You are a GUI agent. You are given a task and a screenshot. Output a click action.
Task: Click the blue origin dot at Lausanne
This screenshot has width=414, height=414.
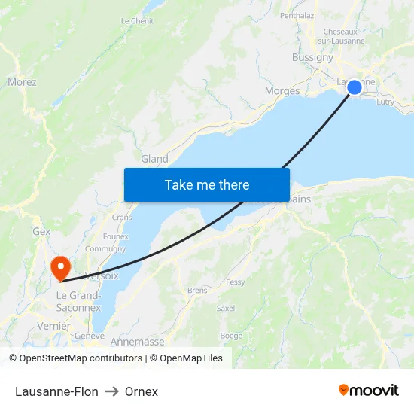click(354, 87)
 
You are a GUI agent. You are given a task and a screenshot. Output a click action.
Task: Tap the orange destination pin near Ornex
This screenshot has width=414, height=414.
click(59, 266)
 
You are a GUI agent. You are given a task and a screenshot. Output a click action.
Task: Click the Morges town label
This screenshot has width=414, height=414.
click(282, 91)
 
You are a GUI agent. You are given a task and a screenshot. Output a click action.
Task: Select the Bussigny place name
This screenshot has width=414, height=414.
click(312, 57)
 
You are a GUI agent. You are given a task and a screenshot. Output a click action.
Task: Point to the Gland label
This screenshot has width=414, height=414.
click(154, 159)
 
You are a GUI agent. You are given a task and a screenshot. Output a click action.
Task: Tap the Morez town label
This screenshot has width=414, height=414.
click(22, 82)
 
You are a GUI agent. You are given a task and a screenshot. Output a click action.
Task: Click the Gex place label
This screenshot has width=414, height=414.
click(41, 232)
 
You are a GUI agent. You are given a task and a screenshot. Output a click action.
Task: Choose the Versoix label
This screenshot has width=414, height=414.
click(102, 275)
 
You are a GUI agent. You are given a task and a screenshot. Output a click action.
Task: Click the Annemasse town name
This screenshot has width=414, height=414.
click(137, 342)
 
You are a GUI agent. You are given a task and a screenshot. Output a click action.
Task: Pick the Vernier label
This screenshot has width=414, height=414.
click(53, 326)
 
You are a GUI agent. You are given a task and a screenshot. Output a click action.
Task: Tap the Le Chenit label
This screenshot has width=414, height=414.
click(137, 21)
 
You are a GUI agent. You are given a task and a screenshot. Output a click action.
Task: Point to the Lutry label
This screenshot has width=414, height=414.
click(385, 102)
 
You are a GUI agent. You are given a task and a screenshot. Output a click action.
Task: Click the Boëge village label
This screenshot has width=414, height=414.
click(230, 336)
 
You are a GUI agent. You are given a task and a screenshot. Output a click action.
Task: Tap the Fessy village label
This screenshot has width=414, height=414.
click(236, 282)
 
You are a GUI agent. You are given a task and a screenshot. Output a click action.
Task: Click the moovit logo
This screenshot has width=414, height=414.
click(368, 391)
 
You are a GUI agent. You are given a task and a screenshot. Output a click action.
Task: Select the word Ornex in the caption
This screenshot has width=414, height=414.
click(142, 391)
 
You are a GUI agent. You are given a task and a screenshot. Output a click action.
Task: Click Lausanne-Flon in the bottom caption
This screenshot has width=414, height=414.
click(56, 391)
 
